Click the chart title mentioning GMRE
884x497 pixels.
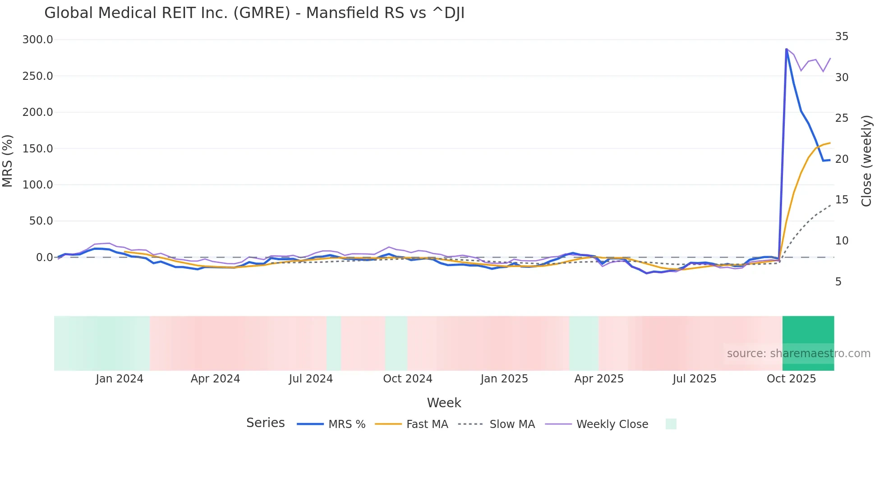pyautogui.click(x=254, y=13)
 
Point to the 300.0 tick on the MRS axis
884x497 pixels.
pyautogui.click(x=37, y=40)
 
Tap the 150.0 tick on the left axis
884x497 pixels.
pyautogui.click(x=37, y=148)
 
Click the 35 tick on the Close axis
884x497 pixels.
pyautogui.click(x=842, y=36)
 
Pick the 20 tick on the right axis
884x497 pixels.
pyautogui.click(x=842, y=159)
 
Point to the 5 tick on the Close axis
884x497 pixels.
pyautogui.click(x=838, y=281)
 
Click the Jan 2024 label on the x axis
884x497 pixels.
pyautogui.click(x=119, y=379)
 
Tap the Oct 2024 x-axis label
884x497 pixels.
pyautogui.click(x=407, y=379)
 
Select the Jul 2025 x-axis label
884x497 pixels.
pyautogui.click(x=694, y=379)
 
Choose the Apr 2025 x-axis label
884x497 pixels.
pyautogui.click(x=599, y=379)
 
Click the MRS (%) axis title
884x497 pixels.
pyautogui.click(x=8, y=161)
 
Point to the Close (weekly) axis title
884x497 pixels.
pyautogui.click(x=866, y=161)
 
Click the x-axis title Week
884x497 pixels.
pyautogui.click(x=444, y=403)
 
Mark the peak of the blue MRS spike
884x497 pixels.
pyautogui.click(x=786, y=49)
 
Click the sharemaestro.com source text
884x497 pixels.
pyautogui.click(x=798, y=354)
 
